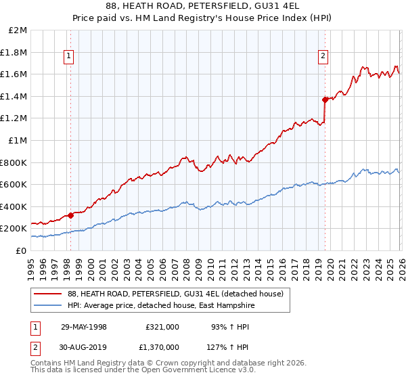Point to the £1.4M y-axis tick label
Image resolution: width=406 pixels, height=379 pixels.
[x=14, y=96]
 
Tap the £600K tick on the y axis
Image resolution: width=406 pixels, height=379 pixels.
[x=14, y=184]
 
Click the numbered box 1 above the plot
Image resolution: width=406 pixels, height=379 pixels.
[x=70, y=56]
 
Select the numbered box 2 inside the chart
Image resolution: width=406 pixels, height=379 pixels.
[x=323, y=56]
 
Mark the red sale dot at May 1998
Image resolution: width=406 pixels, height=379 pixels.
[x=71, y=215]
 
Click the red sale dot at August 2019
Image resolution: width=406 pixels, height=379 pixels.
[x=325, y=99]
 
